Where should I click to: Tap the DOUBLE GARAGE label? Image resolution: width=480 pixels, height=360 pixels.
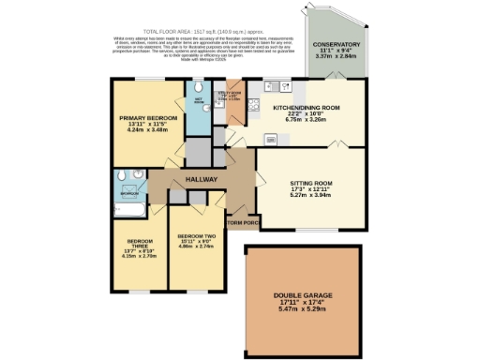pyautogui.click(x=302, y=296)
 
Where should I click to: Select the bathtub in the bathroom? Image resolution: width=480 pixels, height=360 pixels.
pyautogui.click(x=124, y=199)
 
